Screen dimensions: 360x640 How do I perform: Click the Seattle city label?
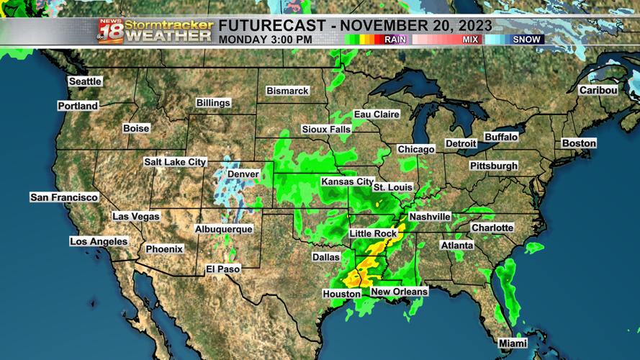coord(85,81)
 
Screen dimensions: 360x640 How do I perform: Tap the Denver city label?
coord(243,174)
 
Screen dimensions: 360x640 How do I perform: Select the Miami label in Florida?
coord(513,344)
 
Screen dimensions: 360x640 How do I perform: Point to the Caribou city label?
coord(598,90)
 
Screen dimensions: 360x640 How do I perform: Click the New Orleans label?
coord(399,292)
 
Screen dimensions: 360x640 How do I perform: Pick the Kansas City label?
coord(347,181)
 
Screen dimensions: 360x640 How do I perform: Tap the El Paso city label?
coord(223,269)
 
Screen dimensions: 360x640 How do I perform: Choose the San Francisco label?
coord(64,197)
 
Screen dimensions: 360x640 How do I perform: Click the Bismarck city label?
coord(287,91)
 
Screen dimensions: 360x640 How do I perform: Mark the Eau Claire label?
coord(377,114)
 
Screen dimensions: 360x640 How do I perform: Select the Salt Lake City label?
coord(175,162)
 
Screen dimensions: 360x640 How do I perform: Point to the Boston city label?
coord(579,143)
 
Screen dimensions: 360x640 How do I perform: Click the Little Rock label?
coord(373,234)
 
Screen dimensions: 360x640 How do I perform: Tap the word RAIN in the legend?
coord(395,40)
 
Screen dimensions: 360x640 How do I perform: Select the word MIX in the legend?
coord(470,40)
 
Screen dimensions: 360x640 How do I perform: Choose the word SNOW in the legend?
coord(527,40)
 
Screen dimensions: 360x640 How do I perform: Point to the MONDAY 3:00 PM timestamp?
coord(266,40)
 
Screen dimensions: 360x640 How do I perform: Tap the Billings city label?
coord(213,103)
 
